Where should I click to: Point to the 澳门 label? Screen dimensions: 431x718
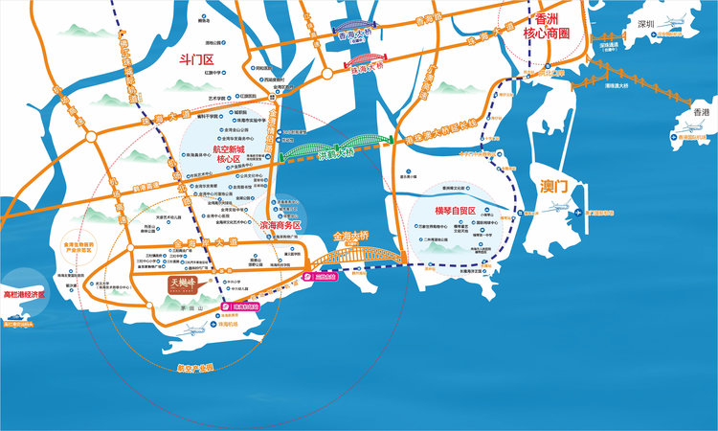[x=556, y=182]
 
